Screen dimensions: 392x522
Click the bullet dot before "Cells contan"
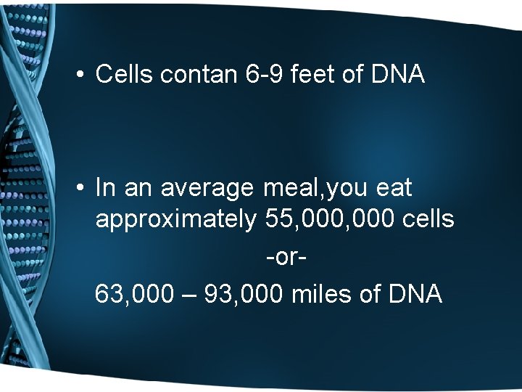click(x=82, y=75)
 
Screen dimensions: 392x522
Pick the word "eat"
click(x=394, y=188)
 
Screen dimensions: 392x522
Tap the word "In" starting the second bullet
click(x=105, y=188)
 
